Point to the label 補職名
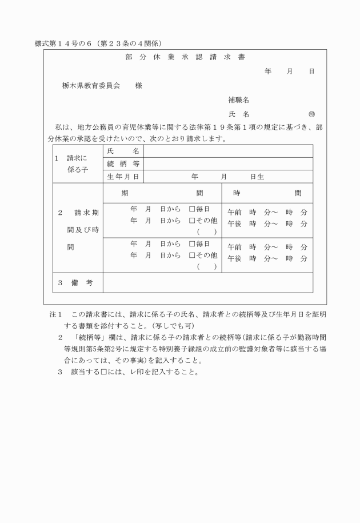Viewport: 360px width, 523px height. pos(238,99)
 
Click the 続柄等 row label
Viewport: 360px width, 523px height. pos(122,163)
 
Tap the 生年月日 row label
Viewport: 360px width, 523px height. pos(122,177)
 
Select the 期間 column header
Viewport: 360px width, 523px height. pos(162,193)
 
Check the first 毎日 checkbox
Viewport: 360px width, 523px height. pos(192,209)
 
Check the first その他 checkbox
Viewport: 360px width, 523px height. pos(192,220)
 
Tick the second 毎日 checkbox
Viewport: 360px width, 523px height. pos(192,245)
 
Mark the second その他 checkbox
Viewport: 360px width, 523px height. pos(192,255)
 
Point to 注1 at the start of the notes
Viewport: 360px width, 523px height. pos(55,315)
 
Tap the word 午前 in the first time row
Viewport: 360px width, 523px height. pos(234,212)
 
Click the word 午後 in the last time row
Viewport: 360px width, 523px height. pos(234,258)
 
